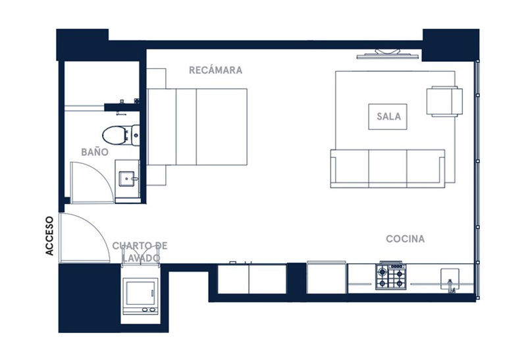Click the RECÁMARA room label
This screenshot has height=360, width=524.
[x=215, y=70]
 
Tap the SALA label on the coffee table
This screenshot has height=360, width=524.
[x=388, y=116]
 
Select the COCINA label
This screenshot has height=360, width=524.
[x=405, y=238]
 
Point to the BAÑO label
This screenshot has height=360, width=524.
[x=95, y=152]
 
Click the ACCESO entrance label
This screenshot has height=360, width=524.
[x=49, y=236]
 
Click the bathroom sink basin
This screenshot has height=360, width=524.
[x=127, y=178]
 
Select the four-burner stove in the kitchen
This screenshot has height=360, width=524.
[x=390, y=276]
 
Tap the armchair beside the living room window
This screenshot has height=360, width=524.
[x=444, y=101]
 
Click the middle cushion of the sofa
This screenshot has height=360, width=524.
[x=388, y=168]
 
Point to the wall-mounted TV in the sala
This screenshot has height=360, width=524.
[x=388, y=54]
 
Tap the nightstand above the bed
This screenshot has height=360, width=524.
[x=156, y=78]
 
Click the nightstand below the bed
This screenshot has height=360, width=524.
[x=156, y=175]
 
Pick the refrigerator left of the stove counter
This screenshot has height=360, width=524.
[x=326, y=278]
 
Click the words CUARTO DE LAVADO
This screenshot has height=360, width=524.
[x=140, y=252]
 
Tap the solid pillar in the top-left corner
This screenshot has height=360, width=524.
[x=82, y=44]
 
